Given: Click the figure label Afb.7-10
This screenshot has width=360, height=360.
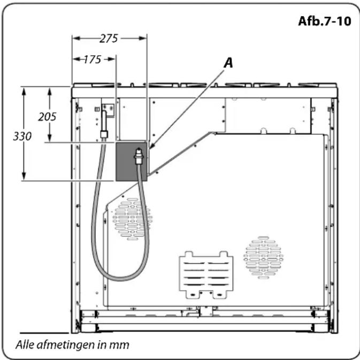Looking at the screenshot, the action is coord(324,21).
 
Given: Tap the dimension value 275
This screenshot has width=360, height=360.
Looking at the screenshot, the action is coord(109,39).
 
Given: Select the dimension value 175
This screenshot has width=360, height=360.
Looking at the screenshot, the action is coord(92,59).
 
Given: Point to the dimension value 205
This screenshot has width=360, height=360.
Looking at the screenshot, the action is coord(47,117).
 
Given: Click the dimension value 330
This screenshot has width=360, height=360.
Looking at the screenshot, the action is coord(22,136).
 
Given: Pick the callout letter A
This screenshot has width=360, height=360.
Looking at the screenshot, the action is coord(228,63).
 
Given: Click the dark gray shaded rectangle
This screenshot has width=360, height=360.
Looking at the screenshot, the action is coord(131,162).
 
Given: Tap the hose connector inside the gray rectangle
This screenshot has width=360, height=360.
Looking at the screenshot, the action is coord(139,156).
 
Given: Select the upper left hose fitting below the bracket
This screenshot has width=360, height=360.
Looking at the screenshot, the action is coord(104,134).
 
